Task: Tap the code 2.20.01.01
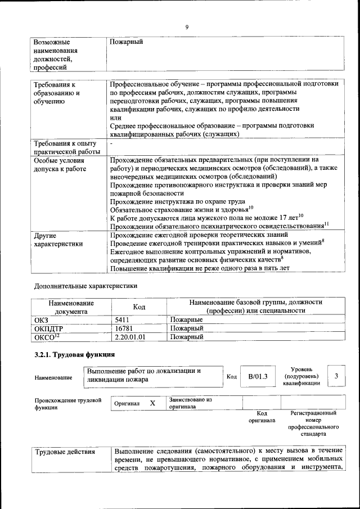point(130,337)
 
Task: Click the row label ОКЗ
point(42,319)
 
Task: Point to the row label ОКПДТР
point(47,328)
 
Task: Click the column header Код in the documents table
point(139,307)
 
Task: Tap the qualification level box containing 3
point(336,376)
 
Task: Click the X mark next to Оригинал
point(152,403)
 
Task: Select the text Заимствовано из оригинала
point(190,403)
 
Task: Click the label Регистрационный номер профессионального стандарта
point(313,424)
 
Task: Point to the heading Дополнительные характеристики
point(86,285)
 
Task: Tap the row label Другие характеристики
point(58,240)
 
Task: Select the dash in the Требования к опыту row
point(111,144)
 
